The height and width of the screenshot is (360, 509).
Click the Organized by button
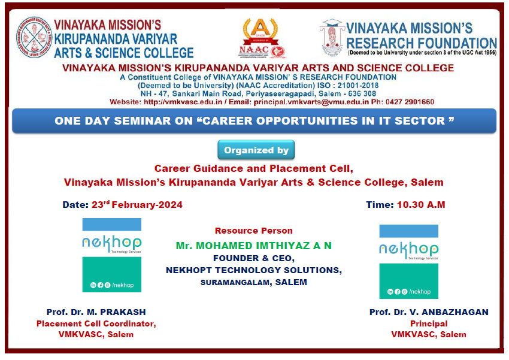(x=256, y=150)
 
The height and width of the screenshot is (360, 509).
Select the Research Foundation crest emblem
(x=332, y=37)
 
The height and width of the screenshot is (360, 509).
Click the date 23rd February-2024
(x=137, y=205)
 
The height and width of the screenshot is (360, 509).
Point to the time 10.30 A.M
(x=421, y=205)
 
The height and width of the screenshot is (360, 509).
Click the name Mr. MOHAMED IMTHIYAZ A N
(x=253, y=246)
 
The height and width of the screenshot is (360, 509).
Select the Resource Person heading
(x=253, y=231)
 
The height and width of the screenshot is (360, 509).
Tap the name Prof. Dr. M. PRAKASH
(x=96, y=312)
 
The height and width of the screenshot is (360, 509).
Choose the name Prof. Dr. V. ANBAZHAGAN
(x=429, y=312)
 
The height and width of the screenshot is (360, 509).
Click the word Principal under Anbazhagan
(x=429, y=323)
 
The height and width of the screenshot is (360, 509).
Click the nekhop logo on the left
(x=111, y=255)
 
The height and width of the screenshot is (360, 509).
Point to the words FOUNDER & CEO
(x=253, y=258)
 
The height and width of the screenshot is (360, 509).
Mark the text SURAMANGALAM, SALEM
(x=253, y=282)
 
